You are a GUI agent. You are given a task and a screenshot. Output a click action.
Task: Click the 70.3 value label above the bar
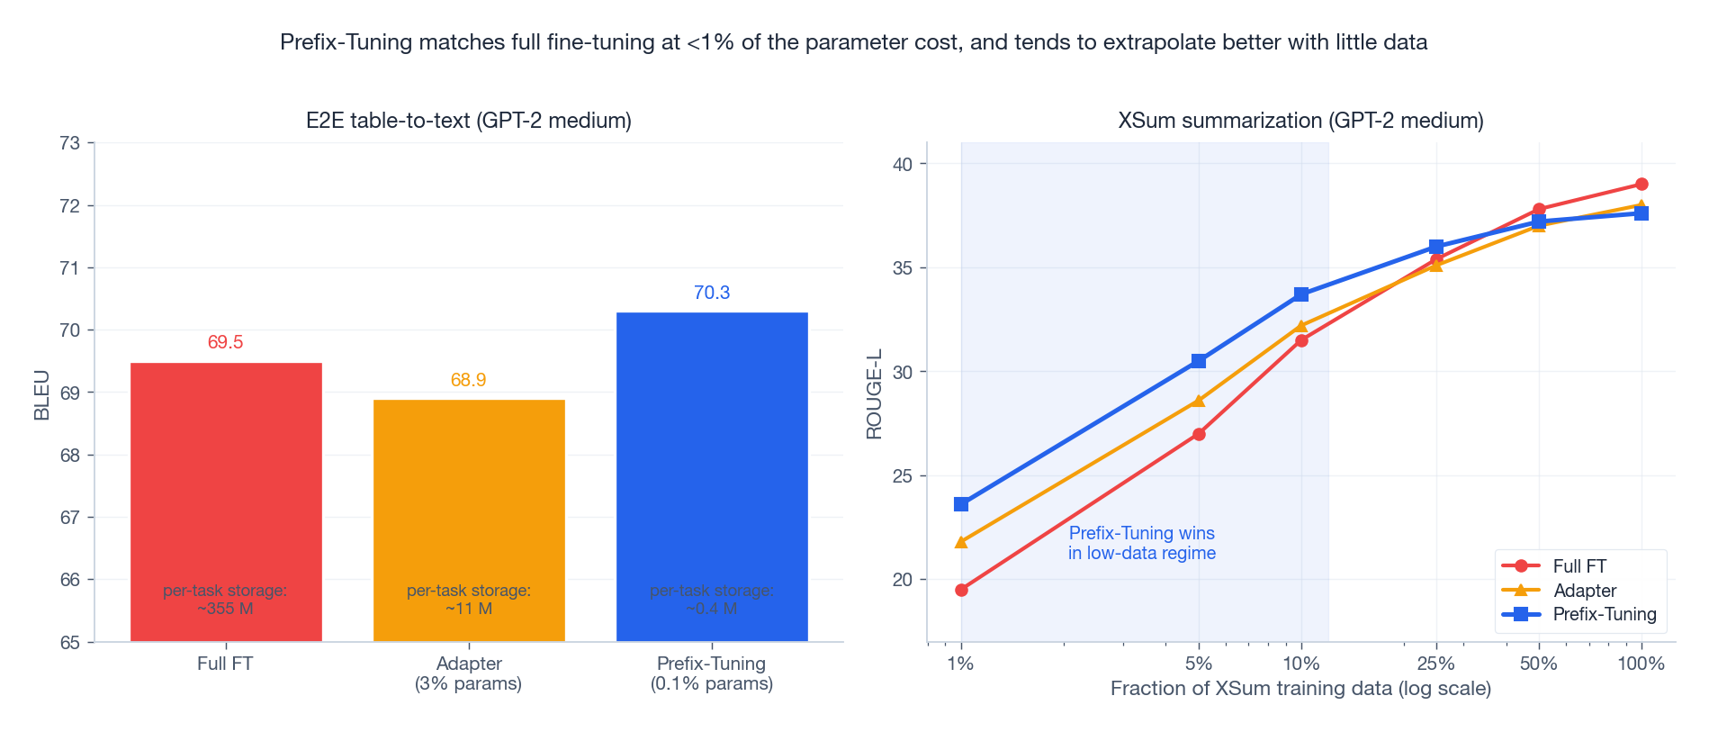[x=712, y=293]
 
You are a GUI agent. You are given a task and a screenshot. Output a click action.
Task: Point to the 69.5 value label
[x=225, y=342]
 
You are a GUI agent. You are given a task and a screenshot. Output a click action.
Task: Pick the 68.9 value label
[x=468, y=380]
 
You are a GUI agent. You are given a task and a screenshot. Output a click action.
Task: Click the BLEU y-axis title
[x=41, y=394]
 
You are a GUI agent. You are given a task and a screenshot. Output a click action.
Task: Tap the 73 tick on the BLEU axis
[x=69, y=143]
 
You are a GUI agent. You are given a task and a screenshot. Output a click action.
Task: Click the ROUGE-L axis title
[x=874, y=394]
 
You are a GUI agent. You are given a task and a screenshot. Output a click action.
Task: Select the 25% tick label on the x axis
[x=1435, y=664]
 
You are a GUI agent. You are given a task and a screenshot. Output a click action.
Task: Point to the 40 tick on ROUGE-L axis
[x=902, y=164]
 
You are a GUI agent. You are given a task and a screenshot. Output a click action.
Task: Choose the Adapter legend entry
[x=1584, y=591]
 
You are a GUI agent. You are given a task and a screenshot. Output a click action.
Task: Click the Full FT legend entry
[x=1579, y=566]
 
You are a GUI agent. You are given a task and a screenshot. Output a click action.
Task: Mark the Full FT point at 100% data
[x=1642, y=185]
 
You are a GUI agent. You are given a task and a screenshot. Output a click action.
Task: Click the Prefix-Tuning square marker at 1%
[x=961, y=504]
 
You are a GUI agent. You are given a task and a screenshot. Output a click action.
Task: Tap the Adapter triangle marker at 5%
[x=1199, y=401]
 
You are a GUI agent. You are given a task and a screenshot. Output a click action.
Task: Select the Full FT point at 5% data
[x=1199, y=434]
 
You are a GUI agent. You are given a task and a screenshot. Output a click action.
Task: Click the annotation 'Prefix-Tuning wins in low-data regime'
[x=1141, y=543]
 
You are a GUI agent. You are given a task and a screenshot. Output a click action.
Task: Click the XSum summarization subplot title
[x=1300, y=121]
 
